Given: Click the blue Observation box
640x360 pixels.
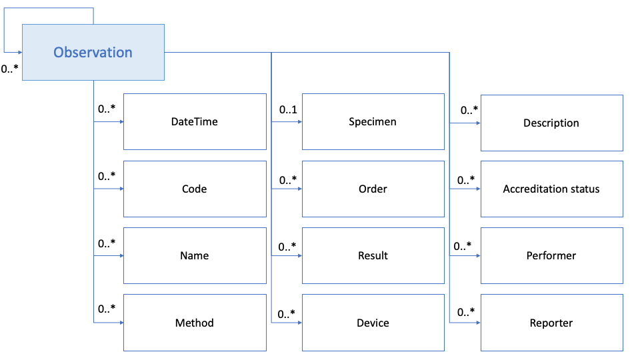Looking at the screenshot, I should tap(93, 53).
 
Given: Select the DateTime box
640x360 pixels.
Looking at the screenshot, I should tap(195, 122).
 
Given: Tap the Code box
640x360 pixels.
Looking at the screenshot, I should tap(195, 189).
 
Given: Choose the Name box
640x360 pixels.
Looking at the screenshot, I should tap(195, 255).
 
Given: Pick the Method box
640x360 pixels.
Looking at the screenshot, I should tap(195, 323).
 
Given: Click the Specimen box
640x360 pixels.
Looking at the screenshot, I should tap(373, 122).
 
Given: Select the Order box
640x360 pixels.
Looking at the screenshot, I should tap(373, 189).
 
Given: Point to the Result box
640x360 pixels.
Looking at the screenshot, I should tap(373, 255).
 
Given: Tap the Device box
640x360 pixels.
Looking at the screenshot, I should tap(373, 323).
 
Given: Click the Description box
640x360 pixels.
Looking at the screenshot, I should tap(551, 123).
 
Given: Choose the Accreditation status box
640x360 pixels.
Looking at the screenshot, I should tap(551, 189).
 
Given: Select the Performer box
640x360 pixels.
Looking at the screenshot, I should tap(551, 255).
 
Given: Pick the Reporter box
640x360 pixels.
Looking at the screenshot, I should tap(551, 323).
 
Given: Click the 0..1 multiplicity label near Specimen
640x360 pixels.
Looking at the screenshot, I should tap(288, 109).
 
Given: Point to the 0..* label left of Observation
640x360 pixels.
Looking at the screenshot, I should tap(9, 69).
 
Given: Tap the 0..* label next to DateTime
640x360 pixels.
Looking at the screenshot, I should tap(107, 109).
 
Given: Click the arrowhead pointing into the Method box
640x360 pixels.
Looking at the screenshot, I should tap(121, 323).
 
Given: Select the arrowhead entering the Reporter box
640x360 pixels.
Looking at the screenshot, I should tap(478, 323).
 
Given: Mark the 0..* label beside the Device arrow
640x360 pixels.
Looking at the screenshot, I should tap(288, 313).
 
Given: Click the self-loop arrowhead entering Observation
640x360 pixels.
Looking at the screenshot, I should tap(19, 52).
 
